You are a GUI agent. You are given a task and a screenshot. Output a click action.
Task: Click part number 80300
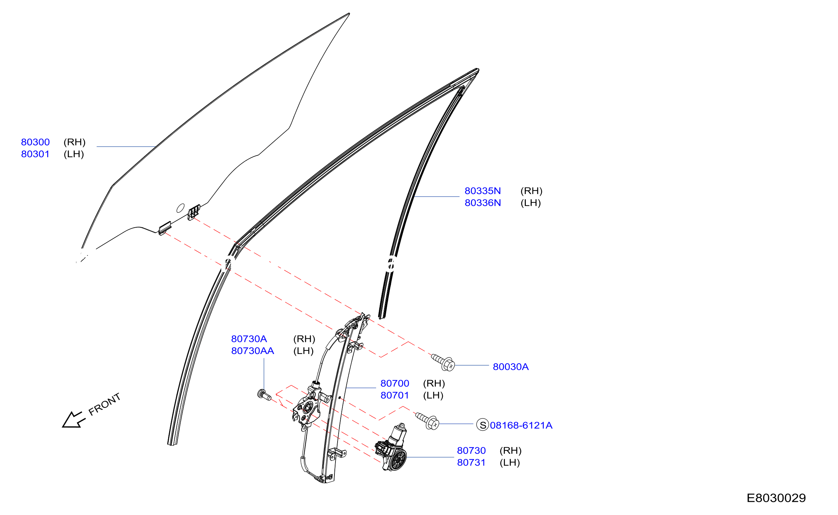(x=35, y=142)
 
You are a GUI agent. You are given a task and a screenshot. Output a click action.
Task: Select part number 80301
(x=35, y=154)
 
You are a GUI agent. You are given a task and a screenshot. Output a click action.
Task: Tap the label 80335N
(x=483, y=191)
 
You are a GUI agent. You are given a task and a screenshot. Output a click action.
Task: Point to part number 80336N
(x=483, y=203)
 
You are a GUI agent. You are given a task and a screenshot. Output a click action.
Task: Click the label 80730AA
(x=252, y=351)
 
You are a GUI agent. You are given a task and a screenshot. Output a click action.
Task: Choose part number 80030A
(x=511, y=367)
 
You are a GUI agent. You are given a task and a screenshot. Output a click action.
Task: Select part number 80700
(x=395, y=383)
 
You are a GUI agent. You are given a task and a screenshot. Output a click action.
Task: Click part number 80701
(x=395, y=395)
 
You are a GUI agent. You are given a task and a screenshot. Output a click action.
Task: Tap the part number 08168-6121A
(x=521, y=425)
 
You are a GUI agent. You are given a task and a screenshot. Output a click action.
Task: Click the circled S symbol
(x=483, y=424)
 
